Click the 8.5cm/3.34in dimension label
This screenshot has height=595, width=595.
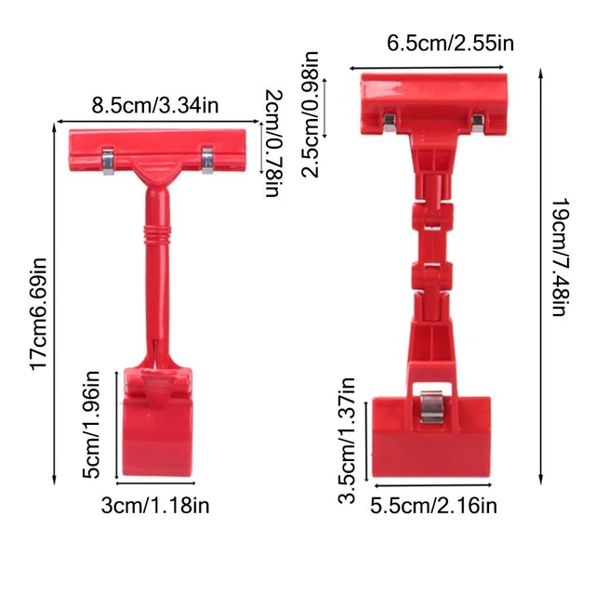[x=154, y=104]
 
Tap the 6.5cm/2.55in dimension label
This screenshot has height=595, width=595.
[x=451, y=43]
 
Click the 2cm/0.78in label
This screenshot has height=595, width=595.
[x=272, y=144]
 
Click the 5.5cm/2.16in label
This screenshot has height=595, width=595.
[x=433, y=506]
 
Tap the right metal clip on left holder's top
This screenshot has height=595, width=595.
[x=206, y=158]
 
